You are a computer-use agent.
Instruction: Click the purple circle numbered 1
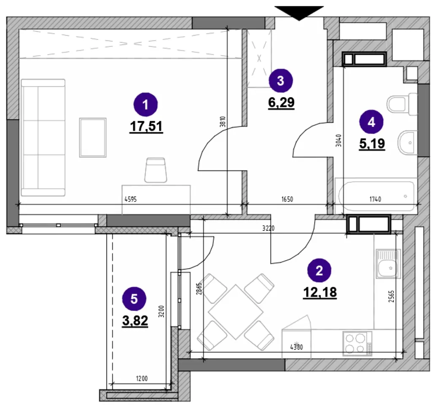click(x=145, y=105)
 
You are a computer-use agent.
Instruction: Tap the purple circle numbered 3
click(x=280, y=81)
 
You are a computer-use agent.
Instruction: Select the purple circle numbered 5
click(x=134, y=299)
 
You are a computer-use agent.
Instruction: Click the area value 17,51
click(x=146, y=126)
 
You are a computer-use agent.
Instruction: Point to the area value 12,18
click(x=320, y=292)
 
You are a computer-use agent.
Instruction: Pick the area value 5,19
click(x=372, y=144)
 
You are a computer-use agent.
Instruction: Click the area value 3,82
click(x=135, y=321)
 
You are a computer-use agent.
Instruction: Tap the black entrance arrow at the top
click(x=299, y=13)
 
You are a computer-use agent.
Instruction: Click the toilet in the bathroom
click(x=402, y=104)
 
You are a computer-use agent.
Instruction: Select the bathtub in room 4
click(x=376, y=196)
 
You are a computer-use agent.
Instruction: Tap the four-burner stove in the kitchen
click(x=357, y=343)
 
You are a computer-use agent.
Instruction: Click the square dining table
click(x=236, y=312)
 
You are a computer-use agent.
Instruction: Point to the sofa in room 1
click(x=43, y=138)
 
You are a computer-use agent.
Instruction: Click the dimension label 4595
click(x=131, y=199)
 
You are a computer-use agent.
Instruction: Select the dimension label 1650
click(x=287, y=199)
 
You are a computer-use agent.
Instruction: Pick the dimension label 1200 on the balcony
click(x=142, y=379)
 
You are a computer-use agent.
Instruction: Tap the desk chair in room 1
click(x=156, y=170)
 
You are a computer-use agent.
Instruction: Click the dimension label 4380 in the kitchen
click(x=297, y=348)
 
